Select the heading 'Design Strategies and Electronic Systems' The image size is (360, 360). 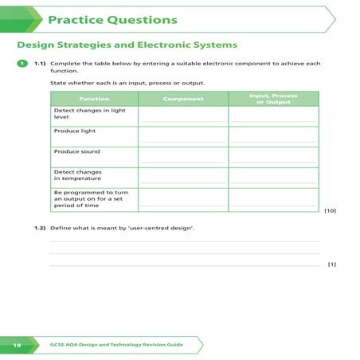click(x=127, y=45)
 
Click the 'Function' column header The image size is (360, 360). click(x=94, y=99)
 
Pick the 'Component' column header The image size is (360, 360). click(x=183, y=99)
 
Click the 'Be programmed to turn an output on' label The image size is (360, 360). click(x=94, y=198)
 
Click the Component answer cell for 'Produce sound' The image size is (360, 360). click(x=183, y=156)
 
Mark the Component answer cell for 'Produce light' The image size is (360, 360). click(x=183, y=135)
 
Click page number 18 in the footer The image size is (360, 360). click(x=16, y=344)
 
